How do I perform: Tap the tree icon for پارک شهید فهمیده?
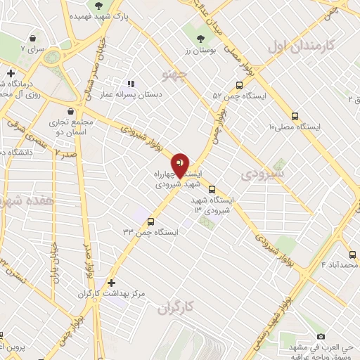(x=98, y=6)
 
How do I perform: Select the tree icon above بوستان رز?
(x=201, y=39)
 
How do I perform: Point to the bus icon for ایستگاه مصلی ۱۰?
(x=295, y=116)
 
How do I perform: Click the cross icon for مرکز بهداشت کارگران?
(x=112, y=282)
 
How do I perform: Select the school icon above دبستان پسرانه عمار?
(x=131, y=84)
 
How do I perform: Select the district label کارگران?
(x=175, y=307)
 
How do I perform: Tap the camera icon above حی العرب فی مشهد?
(x=321, y=337)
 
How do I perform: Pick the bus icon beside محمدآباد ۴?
(x=352, y=255)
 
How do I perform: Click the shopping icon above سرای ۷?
(x=32, y=39)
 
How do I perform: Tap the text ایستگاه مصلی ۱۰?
(x=295, y=127)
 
